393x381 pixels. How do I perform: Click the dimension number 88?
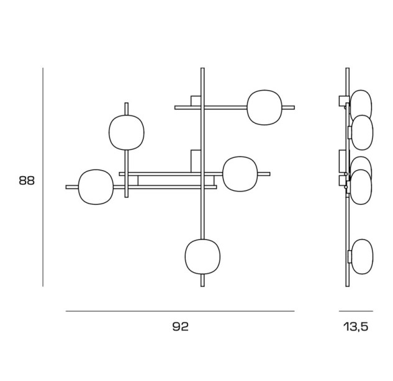(x=27, y=181)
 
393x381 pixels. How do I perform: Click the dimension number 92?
(x=181, y=326)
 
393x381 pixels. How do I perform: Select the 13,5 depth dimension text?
(x=356, y=327)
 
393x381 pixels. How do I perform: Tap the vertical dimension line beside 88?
(x=43, y=177)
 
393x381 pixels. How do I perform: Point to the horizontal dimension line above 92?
(x=180, y=311)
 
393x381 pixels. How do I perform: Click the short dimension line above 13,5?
(x=356, y=311)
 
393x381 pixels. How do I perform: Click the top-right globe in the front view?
(x=264, y=107)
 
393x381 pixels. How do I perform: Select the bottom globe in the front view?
(x=202, y=257)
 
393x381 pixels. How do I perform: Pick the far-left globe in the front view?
(x=96, y=187)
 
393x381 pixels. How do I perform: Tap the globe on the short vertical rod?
(x=127, y=133)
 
